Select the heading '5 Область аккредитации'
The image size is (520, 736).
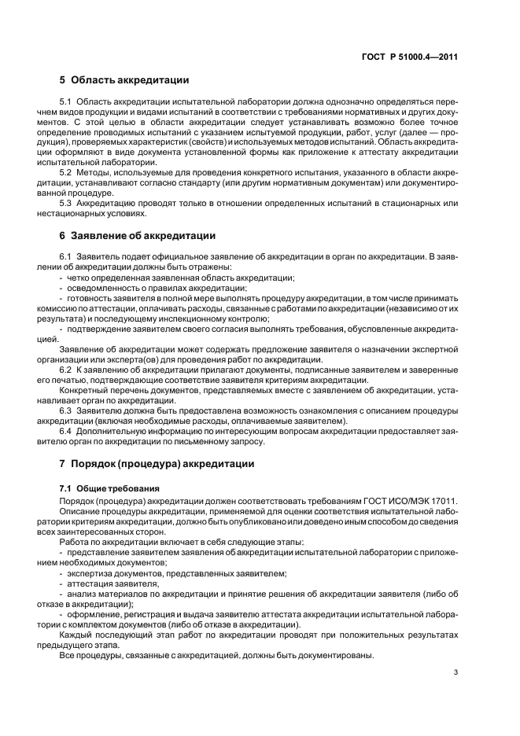coord(124,80)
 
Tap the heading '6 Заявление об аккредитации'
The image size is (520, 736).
coord(137,235)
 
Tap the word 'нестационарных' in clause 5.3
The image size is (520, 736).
coord(88,214)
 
